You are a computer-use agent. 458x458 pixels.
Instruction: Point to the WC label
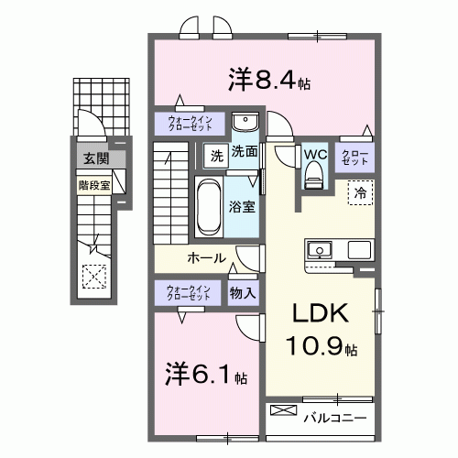316,154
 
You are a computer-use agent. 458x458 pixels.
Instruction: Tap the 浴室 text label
243,207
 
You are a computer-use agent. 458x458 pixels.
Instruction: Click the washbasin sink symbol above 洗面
245,124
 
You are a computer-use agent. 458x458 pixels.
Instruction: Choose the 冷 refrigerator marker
360,193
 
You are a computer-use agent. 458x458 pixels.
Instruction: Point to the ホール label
206,258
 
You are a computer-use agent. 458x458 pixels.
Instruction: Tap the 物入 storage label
243,293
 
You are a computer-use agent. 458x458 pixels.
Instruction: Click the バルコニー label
334,419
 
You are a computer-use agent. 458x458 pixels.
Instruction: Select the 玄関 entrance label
95,159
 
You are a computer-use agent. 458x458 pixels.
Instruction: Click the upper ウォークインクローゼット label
188,124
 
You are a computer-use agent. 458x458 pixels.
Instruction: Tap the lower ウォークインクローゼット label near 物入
188,293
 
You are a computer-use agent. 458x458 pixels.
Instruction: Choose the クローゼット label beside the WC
354,156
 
